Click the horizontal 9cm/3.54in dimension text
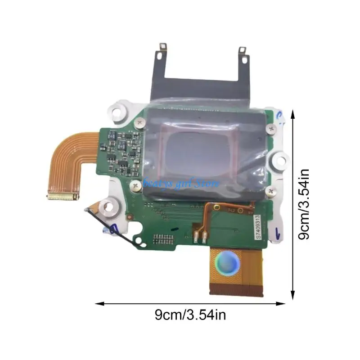[x=190, y=315]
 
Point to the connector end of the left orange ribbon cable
[x=63, y=197]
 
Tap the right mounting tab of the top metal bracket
[x=242, y=52]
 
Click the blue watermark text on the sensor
[x=180, y=183]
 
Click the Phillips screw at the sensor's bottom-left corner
[x=135, y=184]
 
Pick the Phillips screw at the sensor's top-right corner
[x=270, y=128]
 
